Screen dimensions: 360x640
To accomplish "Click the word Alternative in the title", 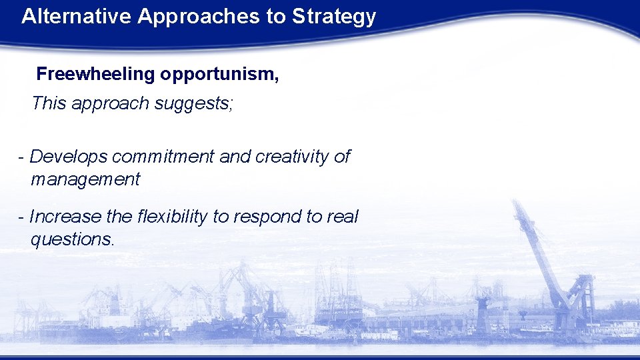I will pos(76,17).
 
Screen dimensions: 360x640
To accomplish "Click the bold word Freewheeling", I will pos(95,74).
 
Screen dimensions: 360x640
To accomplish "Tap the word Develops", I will pos(69,157).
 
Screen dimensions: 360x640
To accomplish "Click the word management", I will pos(85,179).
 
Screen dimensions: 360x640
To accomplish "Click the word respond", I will pos(261,217).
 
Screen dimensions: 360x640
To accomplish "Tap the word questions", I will pos(72,239).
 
